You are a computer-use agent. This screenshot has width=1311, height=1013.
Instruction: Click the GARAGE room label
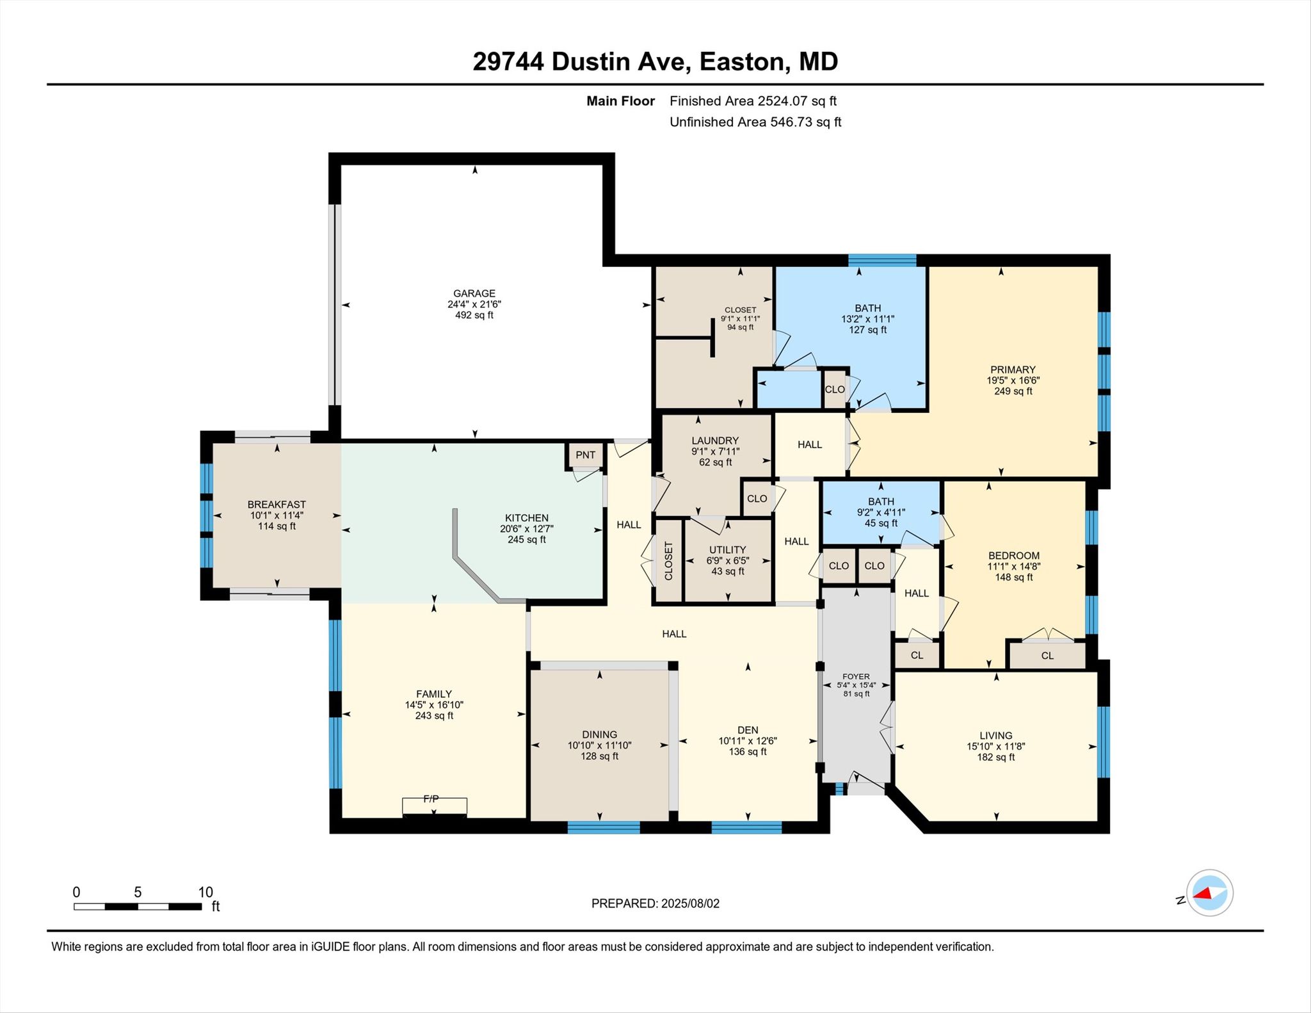[474, 293]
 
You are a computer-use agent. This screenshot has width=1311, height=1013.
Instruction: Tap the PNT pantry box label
[585, 455]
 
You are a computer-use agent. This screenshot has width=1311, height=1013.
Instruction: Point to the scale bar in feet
[138, 906]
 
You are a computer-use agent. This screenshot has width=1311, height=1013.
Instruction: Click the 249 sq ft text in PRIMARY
[1013, 391]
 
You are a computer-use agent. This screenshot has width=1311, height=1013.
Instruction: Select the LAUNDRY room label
[715, 441]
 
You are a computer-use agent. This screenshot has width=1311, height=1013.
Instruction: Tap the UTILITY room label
[727, 549]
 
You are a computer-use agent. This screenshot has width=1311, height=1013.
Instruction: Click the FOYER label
[856, 676]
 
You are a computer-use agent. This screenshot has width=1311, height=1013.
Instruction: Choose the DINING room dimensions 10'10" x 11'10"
[599, 745]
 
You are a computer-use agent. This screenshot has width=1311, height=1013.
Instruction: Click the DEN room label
[748, 730]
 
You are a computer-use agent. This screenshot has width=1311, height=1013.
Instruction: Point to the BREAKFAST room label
[277, 505]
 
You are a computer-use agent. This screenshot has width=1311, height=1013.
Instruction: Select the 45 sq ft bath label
[881, 523]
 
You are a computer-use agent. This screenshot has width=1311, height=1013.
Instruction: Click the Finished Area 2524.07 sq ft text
[753, 101]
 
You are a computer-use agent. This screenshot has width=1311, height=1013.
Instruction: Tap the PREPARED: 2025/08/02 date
[655, 904]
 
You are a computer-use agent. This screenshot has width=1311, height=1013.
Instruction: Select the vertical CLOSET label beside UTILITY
[668, 561]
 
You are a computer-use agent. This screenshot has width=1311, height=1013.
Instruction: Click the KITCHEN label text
[526, 518]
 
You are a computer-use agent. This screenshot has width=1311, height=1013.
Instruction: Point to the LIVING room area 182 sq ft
[995, 758]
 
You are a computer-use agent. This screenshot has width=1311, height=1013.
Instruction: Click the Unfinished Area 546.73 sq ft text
[755, 122]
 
